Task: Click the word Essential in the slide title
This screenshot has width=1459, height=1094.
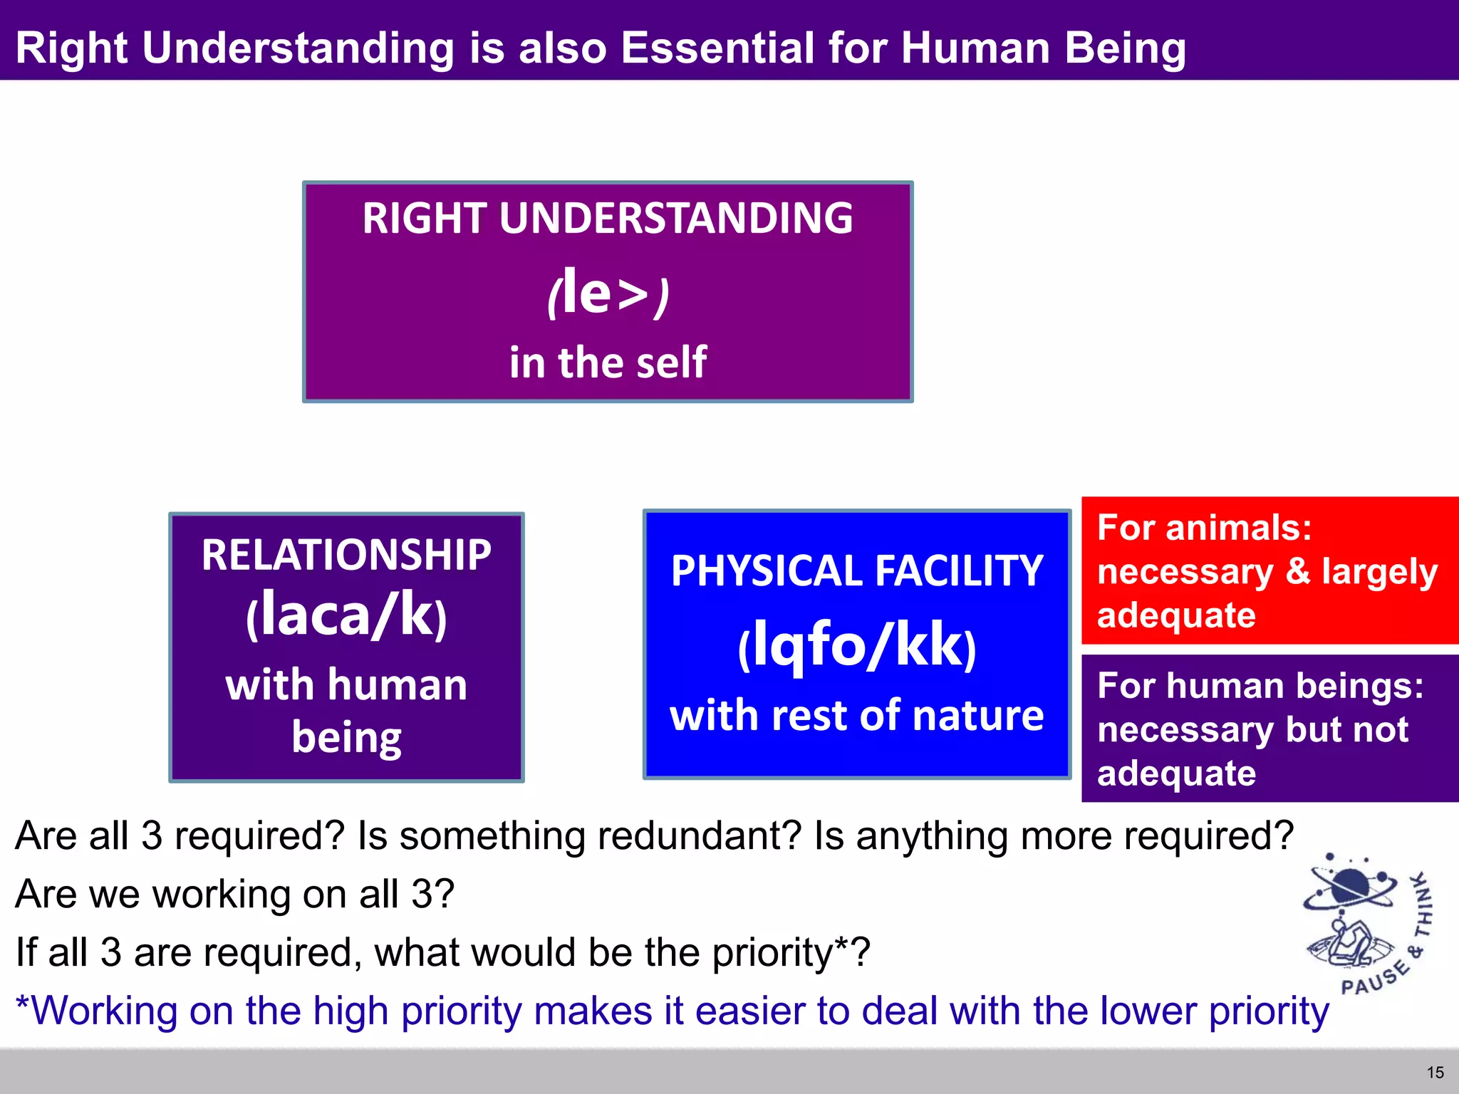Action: [717, 48]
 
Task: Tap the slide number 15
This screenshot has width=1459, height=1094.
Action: [1435, 1072]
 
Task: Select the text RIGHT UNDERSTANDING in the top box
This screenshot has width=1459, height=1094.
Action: [608, 218]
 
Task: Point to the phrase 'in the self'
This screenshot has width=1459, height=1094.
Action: [608, 362]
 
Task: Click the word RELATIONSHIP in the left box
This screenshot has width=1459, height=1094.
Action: [346, 555]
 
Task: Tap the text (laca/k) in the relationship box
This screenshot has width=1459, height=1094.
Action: [346, 616]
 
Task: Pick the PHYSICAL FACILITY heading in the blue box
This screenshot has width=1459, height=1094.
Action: [857, 571]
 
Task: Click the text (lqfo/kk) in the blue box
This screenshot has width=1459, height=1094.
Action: [857, 645]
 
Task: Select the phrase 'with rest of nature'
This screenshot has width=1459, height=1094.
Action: [857, 715]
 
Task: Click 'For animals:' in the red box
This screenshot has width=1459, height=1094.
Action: [1204, 528]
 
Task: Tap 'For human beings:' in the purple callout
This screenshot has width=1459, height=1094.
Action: [1260, 686]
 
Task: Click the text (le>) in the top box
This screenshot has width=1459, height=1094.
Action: [608, 292]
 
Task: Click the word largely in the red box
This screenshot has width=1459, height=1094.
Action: [1379, 572]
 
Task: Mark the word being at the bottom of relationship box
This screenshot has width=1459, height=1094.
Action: [346, 737]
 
